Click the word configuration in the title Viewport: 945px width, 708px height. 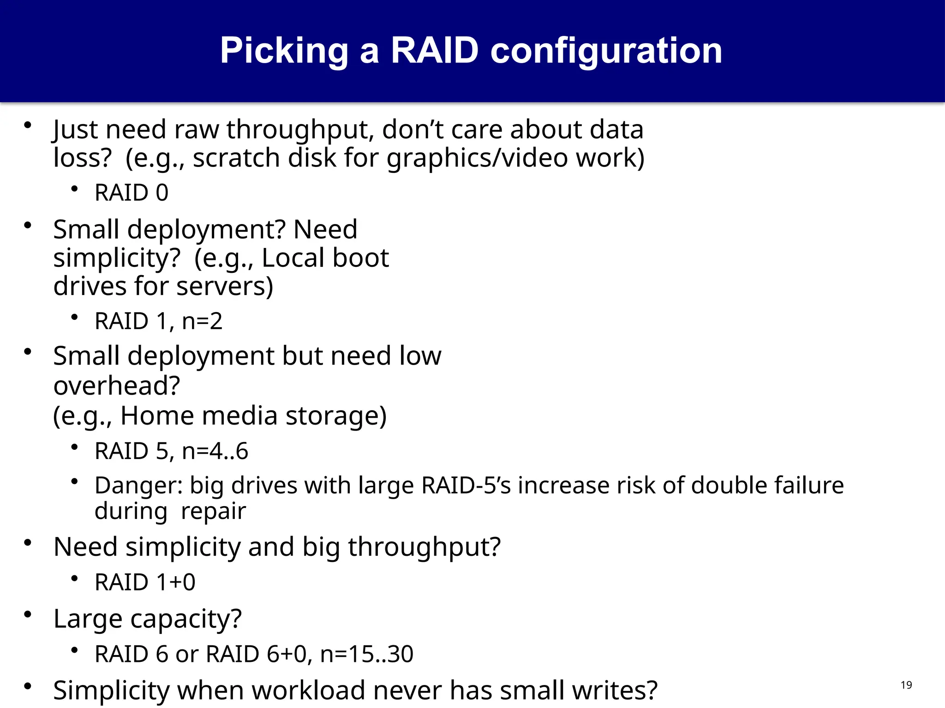[x=606, y=51]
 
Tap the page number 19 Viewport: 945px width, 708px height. [x=906, y=685]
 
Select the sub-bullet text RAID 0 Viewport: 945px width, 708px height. [x=132, y=193]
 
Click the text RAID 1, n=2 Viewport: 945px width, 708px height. [x=158, y=321]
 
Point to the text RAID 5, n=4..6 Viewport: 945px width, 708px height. [x=171, y=451]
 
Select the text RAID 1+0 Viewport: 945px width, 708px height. [x=145, y=582]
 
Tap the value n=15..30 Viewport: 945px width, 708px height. [x=366, y=654]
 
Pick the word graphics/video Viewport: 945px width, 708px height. [x=477, y=158]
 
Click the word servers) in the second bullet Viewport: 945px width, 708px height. [x=225, y=286]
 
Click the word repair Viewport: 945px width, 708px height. [x=213, y=511]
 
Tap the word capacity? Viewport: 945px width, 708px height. [x=185, y=619]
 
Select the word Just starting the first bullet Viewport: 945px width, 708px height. [x=76, y=130]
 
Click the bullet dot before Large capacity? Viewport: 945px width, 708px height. [x=28, y=614]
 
